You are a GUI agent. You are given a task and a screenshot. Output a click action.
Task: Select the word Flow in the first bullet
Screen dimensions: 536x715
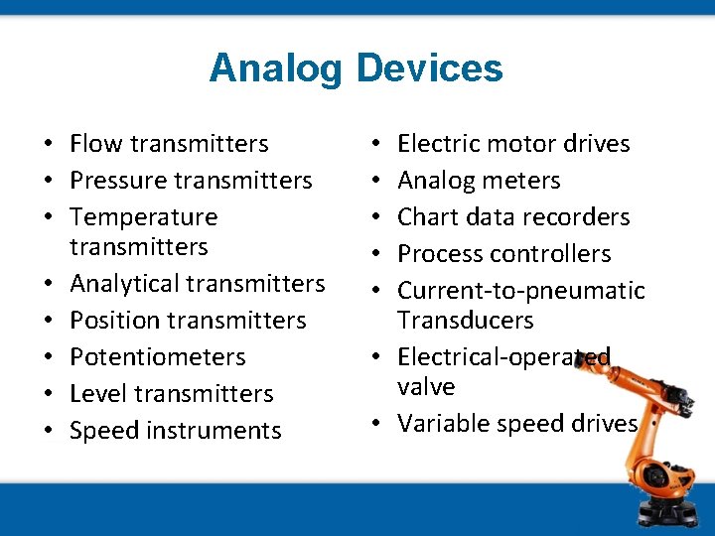click(x=94, y=144)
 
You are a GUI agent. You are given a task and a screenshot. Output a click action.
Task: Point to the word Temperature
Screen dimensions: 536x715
click(x=143, y=217)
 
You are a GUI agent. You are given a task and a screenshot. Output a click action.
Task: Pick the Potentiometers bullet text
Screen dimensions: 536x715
click(x=157, y=357)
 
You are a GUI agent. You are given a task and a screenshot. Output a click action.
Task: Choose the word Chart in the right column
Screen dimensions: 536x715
click(x=427, y=217)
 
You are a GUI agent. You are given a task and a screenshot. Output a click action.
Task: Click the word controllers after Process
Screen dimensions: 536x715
click(x=550, y=254)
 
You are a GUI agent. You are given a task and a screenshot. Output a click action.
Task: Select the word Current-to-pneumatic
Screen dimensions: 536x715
click(x=520, y=291)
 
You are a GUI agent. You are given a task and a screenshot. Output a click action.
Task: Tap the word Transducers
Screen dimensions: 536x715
click(x=465, y=321)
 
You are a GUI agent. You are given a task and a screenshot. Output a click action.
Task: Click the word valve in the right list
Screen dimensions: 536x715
click(x=426, y=387)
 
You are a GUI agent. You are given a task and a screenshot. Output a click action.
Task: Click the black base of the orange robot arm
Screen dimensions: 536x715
click(x=666, y=512)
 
